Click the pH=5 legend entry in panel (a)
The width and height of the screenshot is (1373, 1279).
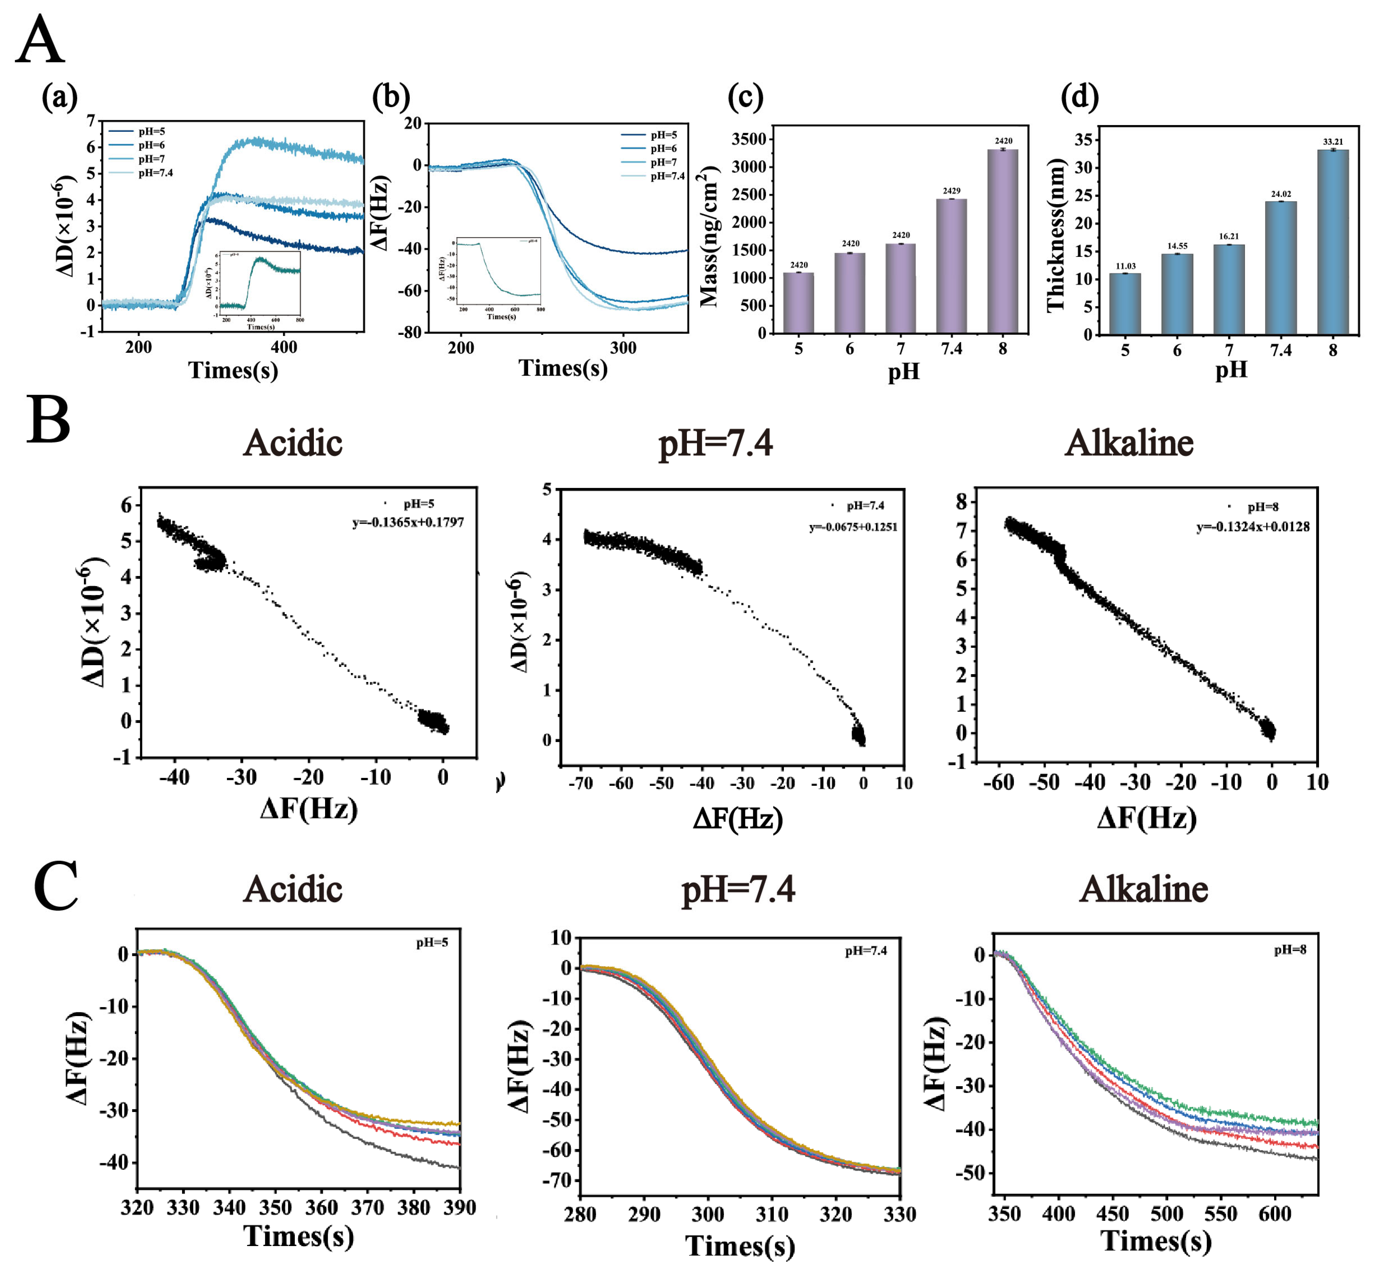(x=151, y=131)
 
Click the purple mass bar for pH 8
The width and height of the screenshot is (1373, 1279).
(x=1002, y=241)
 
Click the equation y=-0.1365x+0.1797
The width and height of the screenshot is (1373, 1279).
(x=408, y=523)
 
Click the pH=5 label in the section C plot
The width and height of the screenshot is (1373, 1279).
(x=432, y=943)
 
